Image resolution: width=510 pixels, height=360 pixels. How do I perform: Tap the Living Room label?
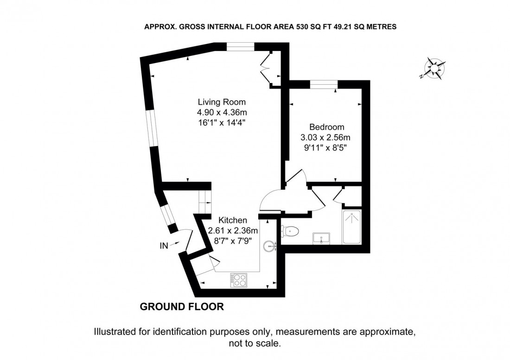pyautogui.click(x=222, y=102)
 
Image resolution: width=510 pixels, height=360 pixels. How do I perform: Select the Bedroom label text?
pyautogui.click(x=326, y=127)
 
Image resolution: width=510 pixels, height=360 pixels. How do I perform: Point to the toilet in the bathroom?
pyautogui.click(x=291, y=230)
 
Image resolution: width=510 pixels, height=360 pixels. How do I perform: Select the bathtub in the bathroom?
pyautogui.click(x=354, y=227)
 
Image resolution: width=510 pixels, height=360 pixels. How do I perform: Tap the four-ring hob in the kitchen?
pyautogui.click(x=238, y=279)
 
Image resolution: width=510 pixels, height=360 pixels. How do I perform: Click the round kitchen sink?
pyautogui.click(x=268, y=246)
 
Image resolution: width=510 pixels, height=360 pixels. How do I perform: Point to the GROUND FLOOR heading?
pyautogui.click(x=182, y=307)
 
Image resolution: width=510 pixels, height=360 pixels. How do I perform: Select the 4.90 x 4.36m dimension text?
pyautogui.click(x=221, y=112)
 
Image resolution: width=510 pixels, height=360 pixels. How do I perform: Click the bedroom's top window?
pyautogui.click(x=324, y=84)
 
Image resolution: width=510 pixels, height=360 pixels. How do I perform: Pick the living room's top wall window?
pyautogui.click(x=240, y=45)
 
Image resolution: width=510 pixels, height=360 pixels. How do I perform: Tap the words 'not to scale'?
pyautogui.click(x=255, y=344)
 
